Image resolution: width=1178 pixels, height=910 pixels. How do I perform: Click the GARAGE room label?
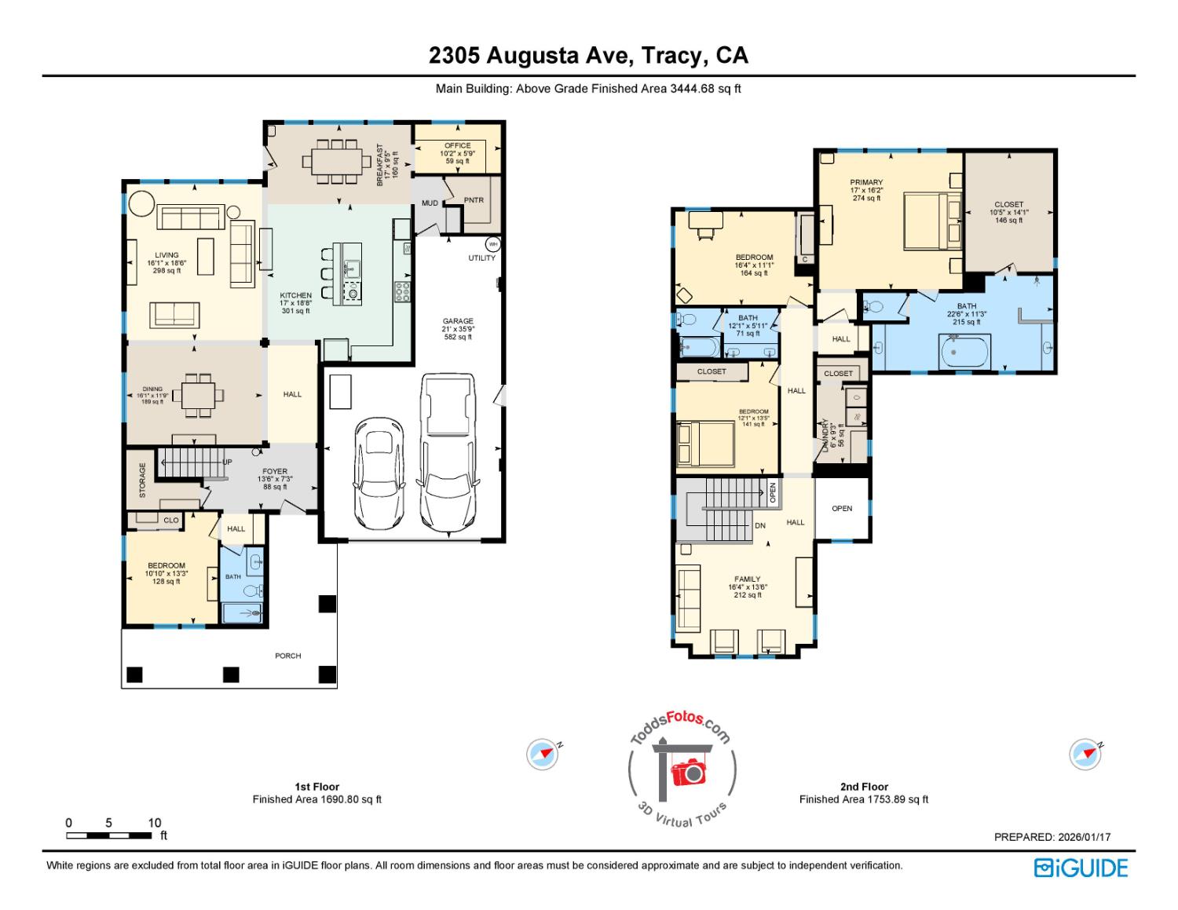[458, 321]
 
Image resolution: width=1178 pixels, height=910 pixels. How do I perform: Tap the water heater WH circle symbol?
[493, 243]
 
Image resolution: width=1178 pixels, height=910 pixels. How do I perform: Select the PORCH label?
[288, 656]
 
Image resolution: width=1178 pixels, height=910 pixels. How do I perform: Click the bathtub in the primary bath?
[965, 350]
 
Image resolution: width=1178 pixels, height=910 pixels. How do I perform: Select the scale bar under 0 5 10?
[109, 836]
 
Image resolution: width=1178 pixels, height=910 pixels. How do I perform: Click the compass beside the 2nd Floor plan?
[1085, 754]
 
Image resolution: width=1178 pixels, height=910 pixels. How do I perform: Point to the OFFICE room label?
[457, 145]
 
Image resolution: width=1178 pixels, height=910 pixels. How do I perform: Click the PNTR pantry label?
[474, 200]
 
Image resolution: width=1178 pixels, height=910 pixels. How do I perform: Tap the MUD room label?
[430, 203]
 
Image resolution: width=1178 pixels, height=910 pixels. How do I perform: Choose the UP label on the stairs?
[227, 462]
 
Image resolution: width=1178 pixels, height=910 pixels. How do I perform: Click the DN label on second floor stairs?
[759, 525]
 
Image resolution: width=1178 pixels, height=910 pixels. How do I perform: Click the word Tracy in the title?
[671, 56]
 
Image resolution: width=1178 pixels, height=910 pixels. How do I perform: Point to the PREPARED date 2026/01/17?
[1052, 838]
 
